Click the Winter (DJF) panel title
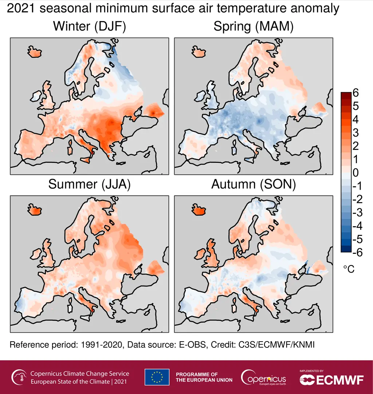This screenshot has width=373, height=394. pyautogui.click(x=89, y=27)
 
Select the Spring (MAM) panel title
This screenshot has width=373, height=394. pyautogui.click(x=254, y=27)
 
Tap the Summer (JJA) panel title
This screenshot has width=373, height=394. pyautogui.click(x=89, y=184)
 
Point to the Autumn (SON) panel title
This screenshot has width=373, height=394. pyautogui.click(x=254, y=184)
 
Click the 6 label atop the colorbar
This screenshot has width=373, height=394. pyautogui.click(x=356, y=93)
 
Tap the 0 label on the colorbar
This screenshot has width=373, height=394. pyautogui.click(x=356, y=173)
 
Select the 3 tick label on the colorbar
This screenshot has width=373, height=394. pyautogui.click(x=356, y=133)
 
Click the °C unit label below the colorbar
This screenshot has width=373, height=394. pyautogui.click(x=349, y=269)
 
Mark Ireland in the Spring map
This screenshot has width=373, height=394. pyautogui.click(x=199, y=96)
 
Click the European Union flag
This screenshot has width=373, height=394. pyautogui.click(x=157, y=377)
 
